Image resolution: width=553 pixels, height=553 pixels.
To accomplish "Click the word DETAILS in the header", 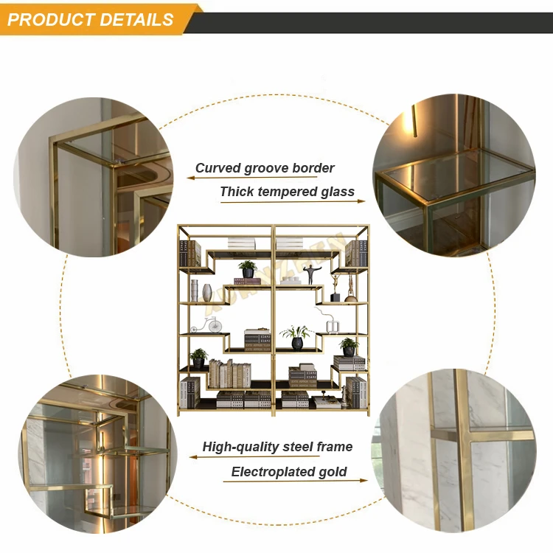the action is click(x=133, y=20).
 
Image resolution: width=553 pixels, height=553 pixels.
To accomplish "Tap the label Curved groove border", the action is click(x=265, y=168).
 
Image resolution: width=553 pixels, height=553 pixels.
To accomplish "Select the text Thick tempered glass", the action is click(x=287, y=192).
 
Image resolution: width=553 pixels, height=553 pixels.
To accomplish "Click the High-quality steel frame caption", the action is click(x=277, y=447).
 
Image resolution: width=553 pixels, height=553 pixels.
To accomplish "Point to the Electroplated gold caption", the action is click(x=289, y=472).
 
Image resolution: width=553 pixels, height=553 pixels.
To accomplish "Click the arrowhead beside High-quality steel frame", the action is click(x=193, y=456).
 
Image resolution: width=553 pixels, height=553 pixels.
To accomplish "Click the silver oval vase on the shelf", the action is click(x=207, y=292).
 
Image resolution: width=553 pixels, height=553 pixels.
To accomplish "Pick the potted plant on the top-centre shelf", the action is click(x=248, y=269).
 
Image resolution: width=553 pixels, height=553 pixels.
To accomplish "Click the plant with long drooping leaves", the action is click(x=296, y=336).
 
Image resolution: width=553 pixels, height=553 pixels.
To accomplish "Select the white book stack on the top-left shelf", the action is click(x=241, y=243).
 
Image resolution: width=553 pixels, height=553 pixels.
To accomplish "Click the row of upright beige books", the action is click(x=229, y=375).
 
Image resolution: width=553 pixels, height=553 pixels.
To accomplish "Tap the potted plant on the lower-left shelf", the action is click(x=198, y=358).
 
